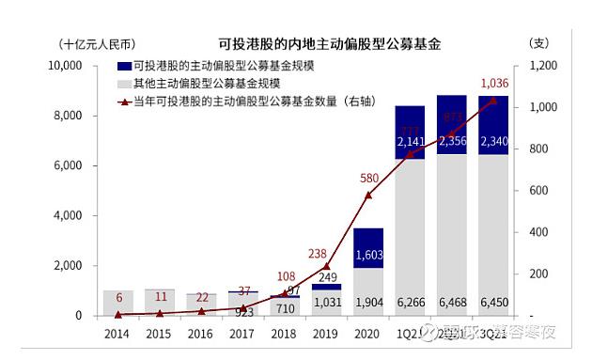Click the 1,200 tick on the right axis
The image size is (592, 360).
(546, 66)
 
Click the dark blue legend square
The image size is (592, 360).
(124, 67)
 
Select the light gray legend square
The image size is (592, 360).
(124, 84)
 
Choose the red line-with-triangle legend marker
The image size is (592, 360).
(124, 101)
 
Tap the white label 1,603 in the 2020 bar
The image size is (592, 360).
(367, 254)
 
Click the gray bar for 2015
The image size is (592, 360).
(160, 303)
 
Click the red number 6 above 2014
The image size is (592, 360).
(117, 297)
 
